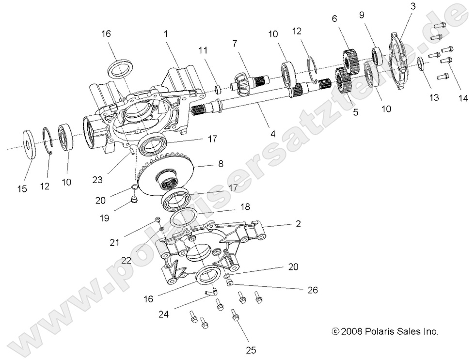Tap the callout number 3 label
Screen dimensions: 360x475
coord(412,6)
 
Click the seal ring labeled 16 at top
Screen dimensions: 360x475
coord(120,68)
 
